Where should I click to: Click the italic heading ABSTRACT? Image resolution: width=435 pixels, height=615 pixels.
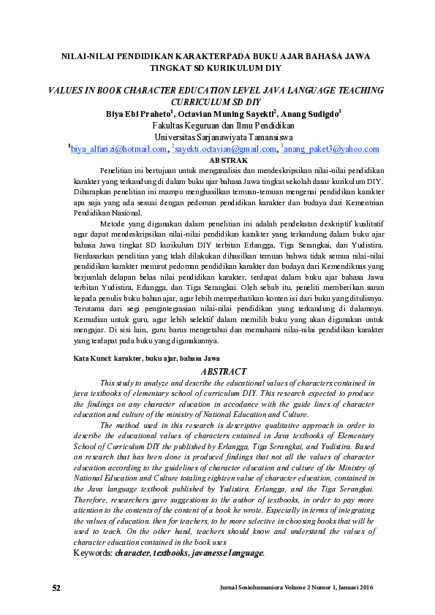(224, 372)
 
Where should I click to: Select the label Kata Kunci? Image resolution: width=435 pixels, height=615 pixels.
(93, 359)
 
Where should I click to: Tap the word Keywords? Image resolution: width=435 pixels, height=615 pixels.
(93, 554)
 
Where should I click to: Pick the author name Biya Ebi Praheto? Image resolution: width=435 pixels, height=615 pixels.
(138, 113)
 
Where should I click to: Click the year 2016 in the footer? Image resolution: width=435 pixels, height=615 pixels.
(363, 588)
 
